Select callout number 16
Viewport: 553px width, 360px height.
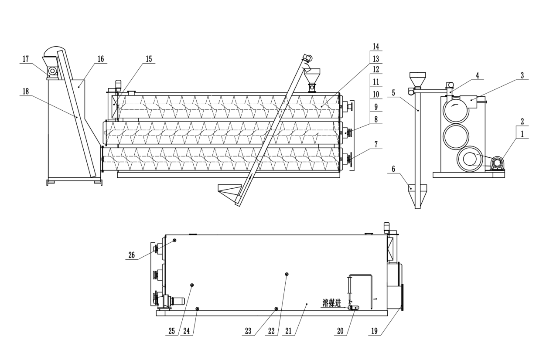[x=101, y=59]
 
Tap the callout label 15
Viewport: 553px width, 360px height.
[x=149, y=59]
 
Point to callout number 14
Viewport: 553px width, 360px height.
[x=376, y=46]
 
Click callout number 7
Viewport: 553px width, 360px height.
[x=376, y=144]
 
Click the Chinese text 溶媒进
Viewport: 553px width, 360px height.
[x=331, y=303]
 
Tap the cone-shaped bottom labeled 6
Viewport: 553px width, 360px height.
[x=417, y=194]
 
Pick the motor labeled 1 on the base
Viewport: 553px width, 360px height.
[x=496, y=164]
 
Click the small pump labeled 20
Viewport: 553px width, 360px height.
[x=354, y=308]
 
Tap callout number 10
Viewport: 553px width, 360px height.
[x=376, y=94]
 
